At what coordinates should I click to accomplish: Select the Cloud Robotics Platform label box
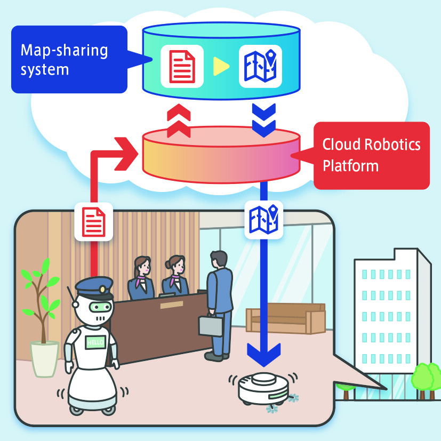371,155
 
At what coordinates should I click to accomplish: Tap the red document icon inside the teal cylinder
182,66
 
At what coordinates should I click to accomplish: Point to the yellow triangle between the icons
220,66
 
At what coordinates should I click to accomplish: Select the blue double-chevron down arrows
263,121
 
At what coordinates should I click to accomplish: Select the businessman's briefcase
211,324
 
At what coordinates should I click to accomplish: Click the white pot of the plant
44,359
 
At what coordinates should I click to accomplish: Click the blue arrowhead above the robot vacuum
263,351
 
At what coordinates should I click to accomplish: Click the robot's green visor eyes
99,307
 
